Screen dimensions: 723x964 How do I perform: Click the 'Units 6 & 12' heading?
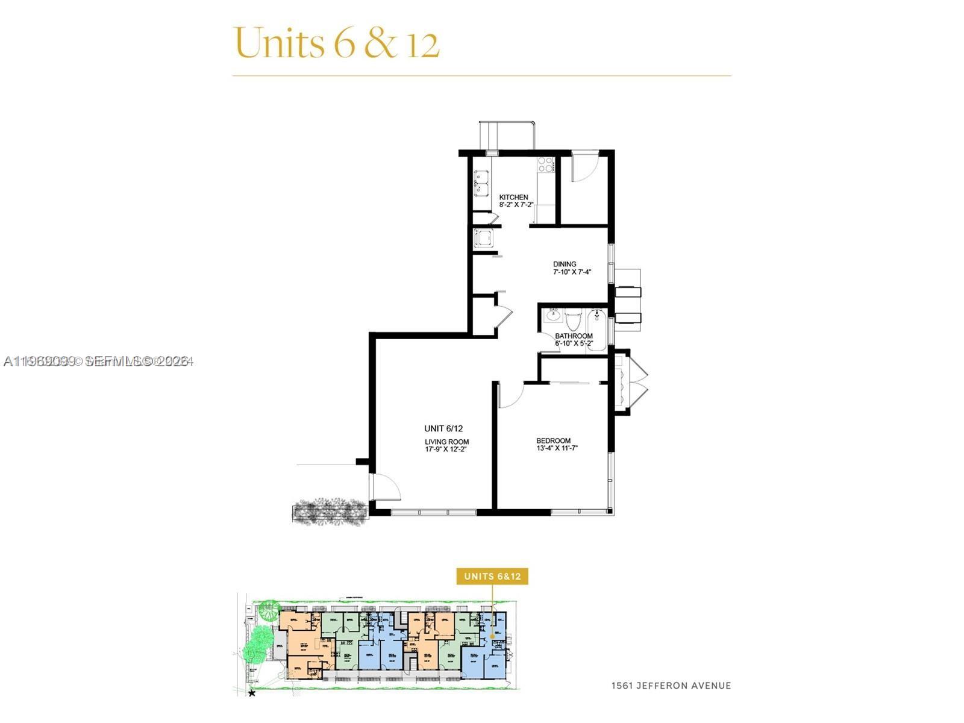click(x=336, y=43)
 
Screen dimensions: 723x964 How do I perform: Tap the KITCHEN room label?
click(x=513, y=197)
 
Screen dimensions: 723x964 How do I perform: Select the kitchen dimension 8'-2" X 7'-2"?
click(x=516, y=205)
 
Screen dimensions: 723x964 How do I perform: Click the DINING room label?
click(x=565, y=264)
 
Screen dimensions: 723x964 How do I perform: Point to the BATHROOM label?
click(x=574, y=336)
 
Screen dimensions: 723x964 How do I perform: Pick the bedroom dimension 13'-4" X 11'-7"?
click(x=557, y=448)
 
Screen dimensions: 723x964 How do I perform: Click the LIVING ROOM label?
click(x=446, y=442)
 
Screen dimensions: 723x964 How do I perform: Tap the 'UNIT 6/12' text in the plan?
click(x=443, y=428)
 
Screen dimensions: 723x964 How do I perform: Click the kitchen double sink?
click(x=481, y=183)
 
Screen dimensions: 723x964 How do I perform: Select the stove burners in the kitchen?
click(x=546, y=164)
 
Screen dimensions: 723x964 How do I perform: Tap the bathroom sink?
click(x=552, y=316)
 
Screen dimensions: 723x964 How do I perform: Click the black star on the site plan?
click(x=252, y=694)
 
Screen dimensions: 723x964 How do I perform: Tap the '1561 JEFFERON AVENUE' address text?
click(x=671, y=686)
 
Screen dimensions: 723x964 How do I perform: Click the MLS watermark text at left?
click(x=98, y=361)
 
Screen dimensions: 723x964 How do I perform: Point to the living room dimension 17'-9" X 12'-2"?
click(x=446, y=449)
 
